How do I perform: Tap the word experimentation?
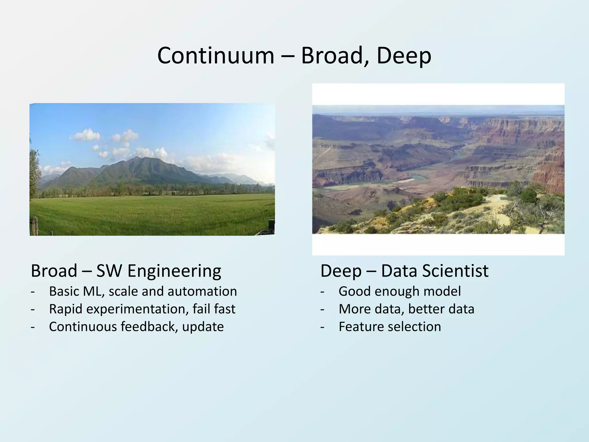tap(137, 309)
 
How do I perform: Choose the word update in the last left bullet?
tap(203, 327)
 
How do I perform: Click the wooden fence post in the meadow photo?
tap(36, 226)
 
